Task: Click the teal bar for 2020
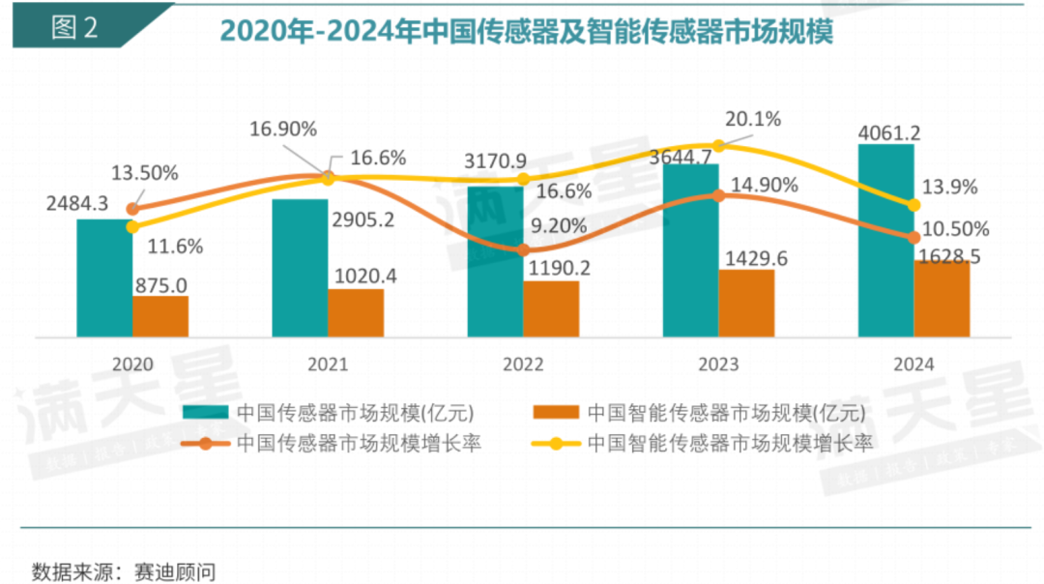pyautogui.click(x=104, y=277)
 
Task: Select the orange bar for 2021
pyautogui.click(x=356, y=312)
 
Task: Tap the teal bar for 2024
pyautogui.click(x=885, y=241)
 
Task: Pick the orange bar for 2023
pyautogui.click(x=746, y=303)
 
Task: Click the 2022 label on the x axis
pyautogui.click(x=522, y=365)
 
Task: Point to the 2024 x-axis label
pyautogui.click(x=913, y=365)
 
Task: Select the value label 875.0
pyautogui.click(x=161, y=285)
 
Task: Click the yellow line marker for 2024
pyautogui.click(x=913, y=205)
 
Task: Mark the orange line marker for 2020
pyautogui.click(x=133, y=208)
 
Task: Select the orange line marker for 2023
pyautogui.click(x=718, y=195)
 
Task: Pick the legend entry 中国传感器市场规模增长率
pyautogui.click(x=358, y=444)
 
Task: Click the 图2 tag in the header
pyautogui.click(x=76, y=27)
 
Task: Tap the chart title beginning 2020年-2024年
pyautogui.click(x=526, y=31)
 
